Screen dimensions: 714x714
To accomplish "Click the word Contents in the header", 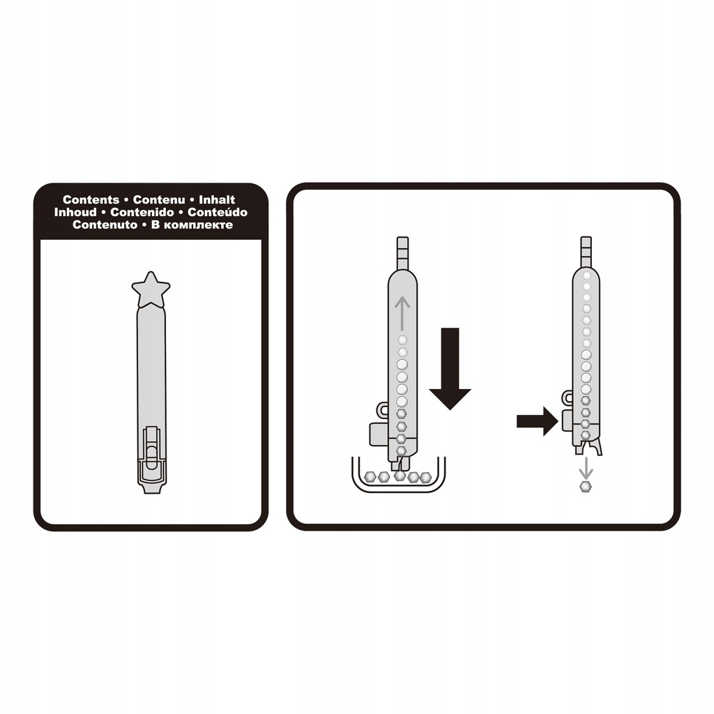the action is (x=91, y=199).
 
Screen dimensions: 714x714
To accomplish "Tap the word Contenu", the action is (x=159, y=199).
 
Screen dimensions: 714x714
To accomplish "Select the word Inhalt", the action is (x=217, y=199).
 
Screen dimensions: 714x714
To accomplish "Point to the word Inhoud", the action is (x=75, y=212).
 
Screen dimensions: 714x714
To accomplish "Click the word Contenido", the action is (x=142, y=212).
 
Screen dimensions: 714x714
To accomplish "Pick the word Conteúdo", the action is (x=218, y=212).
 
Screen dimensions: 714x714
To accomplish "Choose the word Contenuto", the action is (x=105, y=225).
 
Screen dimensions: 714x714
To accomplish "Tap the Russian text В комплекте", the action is (x=192, y=225).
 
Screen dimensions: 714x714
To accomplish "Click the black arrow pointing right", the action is (x=538, y=422).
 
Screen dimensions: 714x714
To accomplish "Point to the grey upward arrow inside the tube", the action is (x=402, y=313).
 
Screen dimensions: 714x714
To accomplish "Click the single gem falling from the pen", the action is (x=586, y=486).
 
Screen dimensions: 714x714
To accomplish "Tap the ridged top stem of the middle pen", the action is (x=402, y=253).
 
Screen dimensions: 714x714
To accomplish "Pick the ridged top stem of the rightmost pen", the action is (x=586, y=253).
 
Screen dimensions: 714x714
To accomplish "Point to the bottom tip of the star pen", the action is (x=151, y=487).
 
